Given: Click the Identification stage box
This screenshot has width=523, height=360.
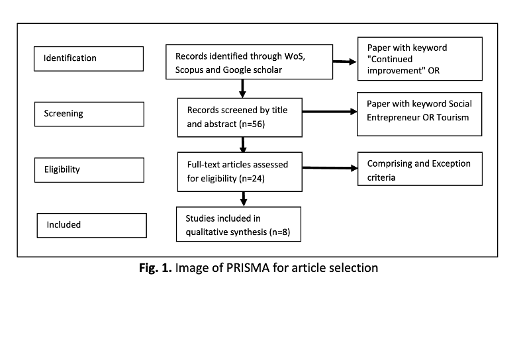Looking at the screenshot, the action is pyautogui.click(x=89, y=59).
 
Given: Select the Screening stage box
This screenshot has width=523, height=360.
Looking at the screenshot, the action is pyautogui.click(x=89, y=114).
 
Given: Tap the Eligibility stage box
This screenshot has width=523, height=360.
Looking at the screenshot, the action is pyautogui.click(x=89, y=170).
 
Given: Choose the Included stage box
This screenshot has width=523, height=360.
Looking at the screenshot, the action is pyautogui.click(x=92, y=226).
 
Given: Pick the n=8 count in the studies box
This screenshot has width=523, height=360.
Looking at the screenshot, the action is pyautogui.click(x=279, y=232).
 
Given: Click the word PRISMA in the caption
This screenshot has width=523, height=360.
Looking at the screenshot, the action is pyautogui.click(x=248, y=267).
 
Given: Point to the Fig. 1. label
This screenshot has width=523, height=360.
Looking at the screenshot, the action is pyautogui.click(x=156, y=267).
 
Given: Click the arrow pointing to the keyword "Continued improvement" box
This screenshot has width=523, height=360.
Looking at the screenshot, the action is pyautogui.click(x=344, y=62).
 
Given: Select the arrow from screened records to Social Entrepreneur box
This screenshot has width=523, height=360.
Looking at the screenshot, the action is pyautogui.click(x=330, y=112).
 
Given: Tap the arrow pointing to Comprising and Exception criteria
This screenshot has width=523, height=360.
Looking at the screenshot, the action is pyautogui.click(x=330, y=167).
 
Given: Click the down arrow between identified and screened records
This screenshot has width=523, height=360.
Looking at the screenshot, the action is pyautogui.click(x=242, y=88).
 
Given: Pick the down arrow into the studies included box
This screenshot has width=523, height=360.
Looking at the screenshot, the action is pyautogui.click(x=244, y=199).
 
